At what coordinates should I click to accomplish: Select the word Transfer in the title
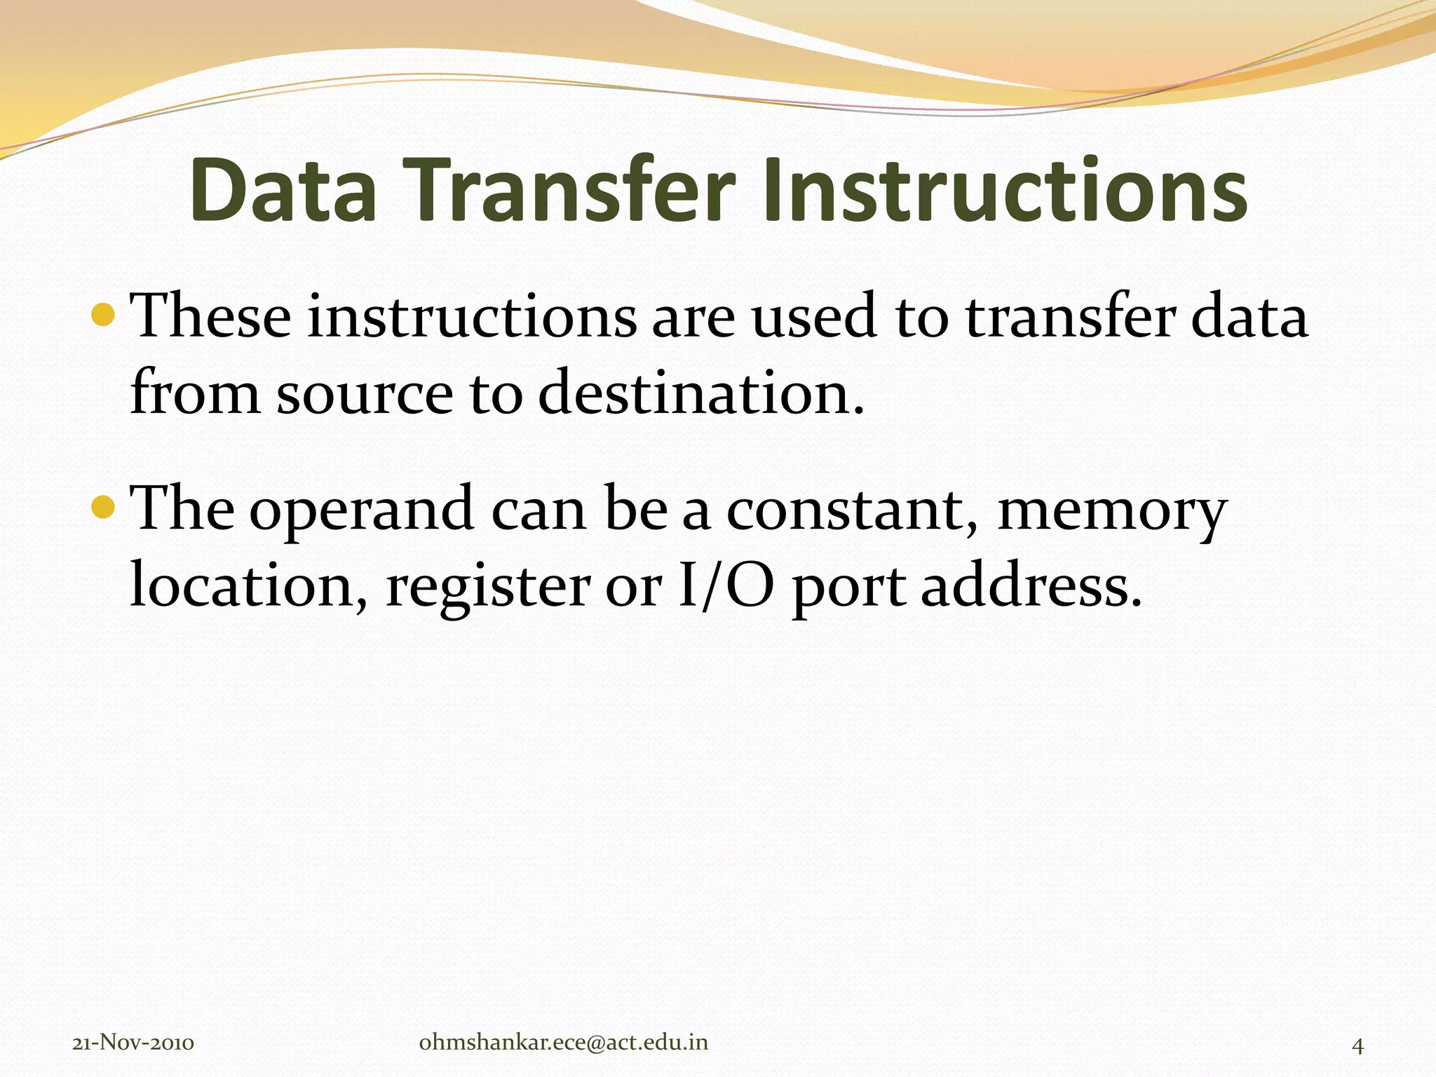[567, 191]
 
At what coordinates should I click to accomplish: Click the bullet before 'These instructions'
[103, 315]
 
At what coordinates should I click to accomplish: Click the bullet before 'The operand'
[103, 506]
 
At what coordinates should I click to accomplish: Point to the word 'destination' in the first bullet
[701, 393]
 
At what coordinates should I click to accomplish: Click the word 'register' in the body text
[488, 588]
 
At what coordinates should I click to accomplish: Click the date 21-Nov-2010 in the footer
[133, 1043]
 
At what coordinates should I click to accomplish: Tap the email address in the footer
[563, 1043]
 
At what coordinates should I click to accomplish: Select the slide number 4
[1357, 1045]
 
